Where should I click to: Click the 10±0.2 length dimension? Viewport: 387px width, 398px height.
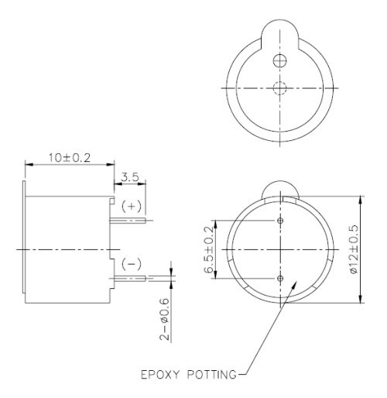tap(69, 157)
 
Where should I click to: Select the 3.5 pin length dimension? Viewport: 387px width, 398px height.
tap(129, 177)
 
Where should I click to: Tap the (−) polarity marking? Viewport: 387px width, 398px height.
tap(132, 263)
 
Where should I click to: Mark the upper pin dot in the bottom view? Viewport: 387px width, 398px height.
tap(280, 221)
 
